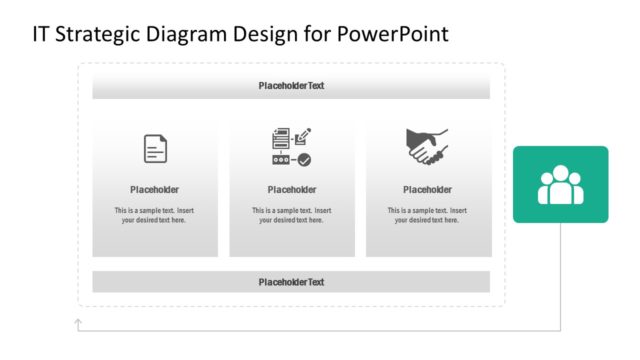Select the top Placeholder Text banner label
[x=291, y=86]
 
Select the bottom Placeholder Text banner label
[x=291, y=282]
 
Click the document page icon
[x=155, y=149]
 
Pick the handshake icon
[x=427, y=147]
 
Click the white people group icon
[x=560, y=185]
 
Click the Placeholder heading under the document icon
[x=155, y=190]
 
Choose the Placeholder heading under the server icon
[x=291, y=190]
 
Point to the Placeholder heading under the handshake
[x=427, y=190]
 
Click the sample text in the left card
[x=155, y=215]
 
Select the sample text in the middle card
[x=291, y=215]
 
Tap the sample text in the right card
[x=427, y=215]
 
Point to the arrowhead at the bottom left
[x=78, y=322]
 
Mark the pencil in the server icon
[x=301, y=135]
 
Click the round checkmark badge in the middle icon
[x=304, y=159]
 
